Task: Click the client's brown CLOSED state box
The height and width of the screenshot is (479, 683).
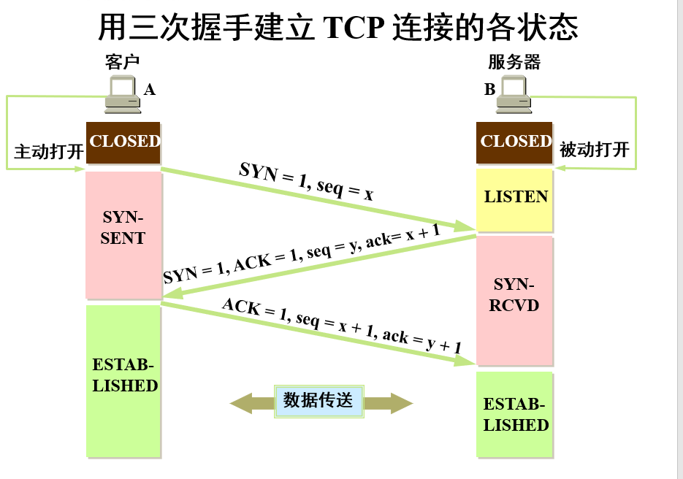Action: point(123,142)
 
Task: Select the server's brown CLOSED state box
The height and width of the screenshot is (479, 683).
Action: point(514,142)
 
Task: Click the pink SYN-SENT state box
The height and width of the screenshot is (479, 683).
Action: point(123,234)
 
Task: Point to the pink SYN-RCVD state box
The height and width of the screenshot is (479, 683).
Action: point(515,299)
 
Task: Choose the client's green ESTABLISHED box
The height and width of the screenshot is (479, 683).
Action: point(123,380)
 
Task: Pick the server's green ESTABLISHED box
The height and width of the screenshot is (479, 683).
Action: point(515,414)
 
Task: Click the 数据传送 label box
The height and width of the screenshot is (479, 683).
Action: point(318,401)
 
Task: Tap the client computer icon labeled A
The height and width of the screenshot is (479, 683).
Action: point(122,94)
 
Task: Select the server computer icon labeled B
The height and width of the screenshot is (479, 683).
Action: point(514,94)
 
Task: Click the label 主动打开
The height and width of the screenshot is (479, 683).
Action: point(48,152)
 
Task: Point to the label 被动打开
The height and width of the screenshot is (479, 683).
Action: point(594,150)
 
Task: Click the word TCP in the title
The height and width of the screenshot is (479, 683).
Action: point(354,28)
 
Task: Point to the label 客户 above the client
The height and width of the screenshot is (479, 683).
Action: point(122,62)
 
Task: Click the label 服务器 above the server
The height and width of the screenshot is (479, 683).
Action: point(514,62)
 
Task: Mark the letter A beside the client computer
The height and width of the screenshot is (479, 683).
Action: point(150,90)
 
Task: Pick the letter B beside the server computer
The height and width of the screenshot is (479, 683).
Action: point(489,90)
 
